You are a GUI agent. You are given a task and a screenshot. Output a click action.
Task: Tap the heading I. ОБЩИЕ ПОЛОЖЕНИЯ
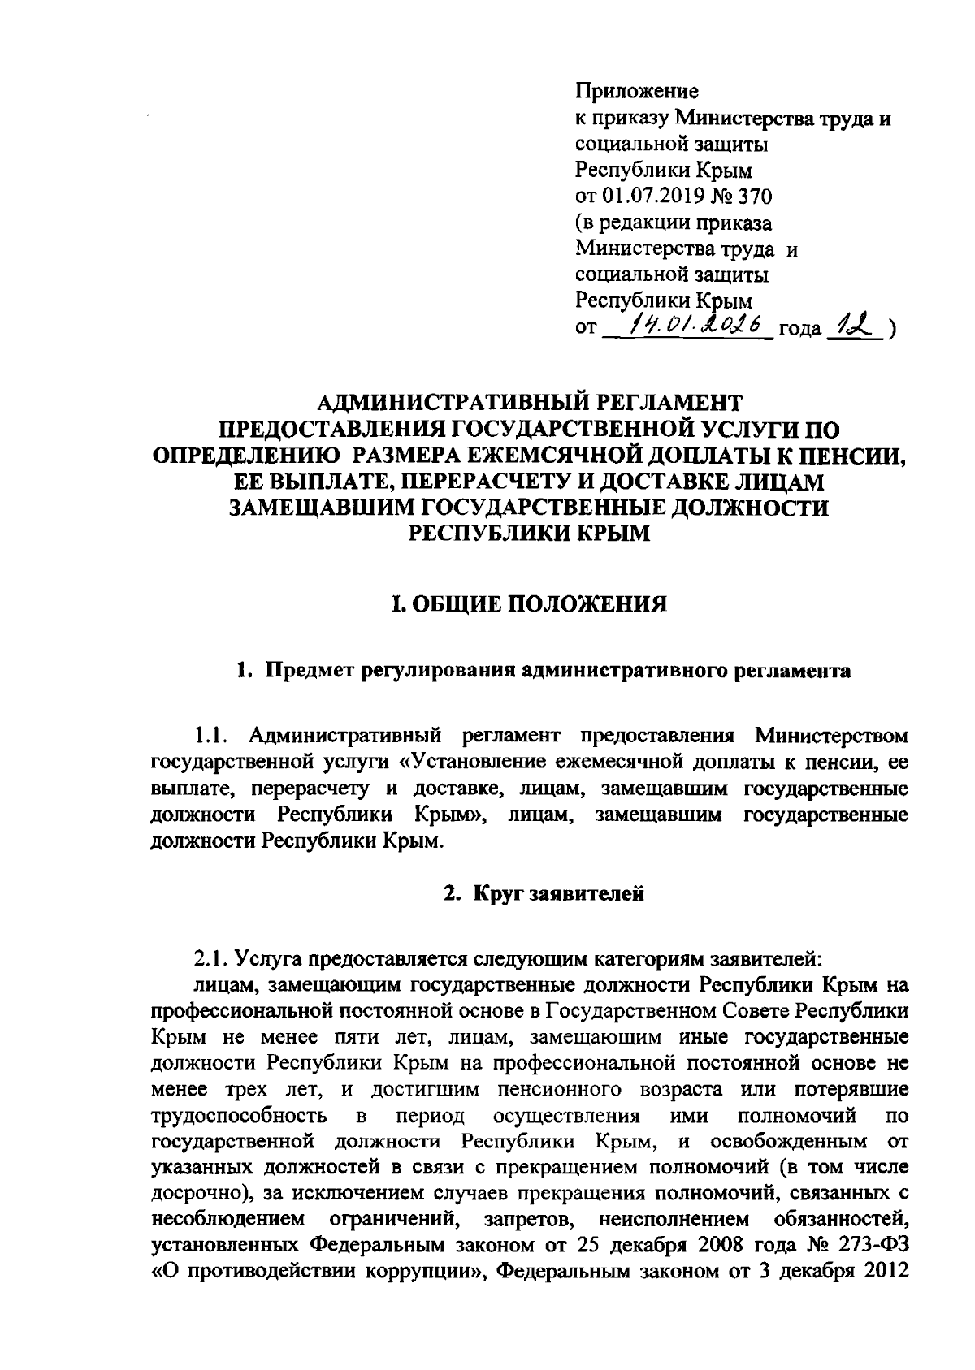point(528,603)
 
